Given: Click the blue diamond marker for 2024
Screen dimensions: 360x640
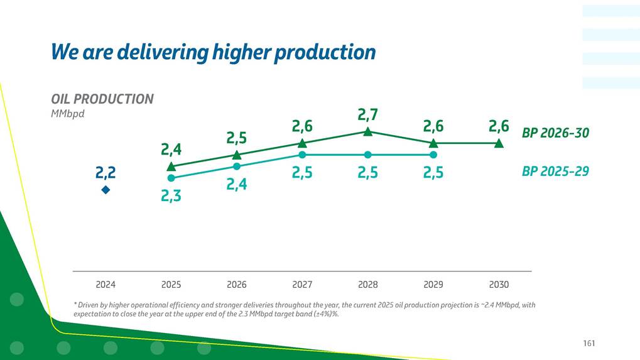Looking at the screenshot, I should pos(106,189).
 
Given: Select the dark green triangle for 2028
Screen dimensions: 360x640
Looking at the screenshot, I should pos(368,132).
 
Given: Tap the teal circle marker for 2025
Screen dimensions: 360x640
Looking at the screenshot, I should pos(171,178).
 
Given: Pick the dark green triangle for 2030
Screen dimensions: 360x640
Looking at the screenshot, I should pos(499,143).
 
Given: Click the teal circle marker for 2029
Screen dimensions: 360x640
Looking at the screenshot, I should pos(433,155).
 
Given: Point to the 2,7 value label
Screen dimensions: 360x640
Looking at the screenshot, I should pos(368,114).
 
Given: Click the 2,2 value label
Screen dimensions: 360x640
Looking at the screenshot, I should pos(106,172).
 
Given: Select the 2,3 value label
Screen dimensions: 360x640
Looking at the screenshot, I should pos(171,196).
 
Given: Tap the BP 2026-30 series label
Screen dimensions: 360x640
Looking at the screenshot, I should pos(555,133).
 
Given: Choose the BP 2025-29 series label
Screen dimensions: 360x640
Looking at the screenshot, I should pos(555,171).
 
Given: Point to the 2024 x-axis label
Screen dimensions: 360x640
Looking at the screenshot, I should pos(106,285).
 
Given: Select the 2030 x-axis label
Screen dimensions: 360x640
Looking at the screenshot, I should pos(499,285).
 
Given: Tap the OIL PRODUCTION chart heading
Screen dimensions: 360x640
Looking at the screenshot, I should pos(102,99).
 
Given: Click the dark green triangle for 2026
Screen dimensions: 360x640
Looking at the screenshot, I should pos(237,155).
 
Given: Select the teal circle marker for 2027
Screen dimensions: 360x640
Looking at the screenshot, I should pos(302,155).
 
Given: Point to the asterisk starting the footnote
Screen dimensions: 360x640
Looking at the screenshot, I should pos(75,305).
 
